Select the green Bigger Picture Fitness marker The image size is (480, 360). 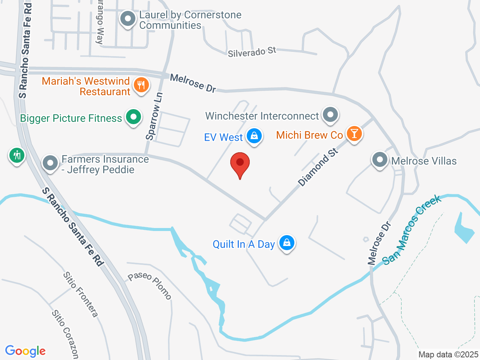pos(133,117)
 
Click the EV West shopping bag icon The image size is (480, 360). pos(254,136)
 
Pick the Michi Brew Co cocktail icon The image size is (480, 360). pos(354,133)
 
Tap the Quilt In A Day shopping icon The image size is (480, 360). pos(287,243)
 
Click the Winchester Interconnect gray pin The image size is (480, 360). pos(330,115)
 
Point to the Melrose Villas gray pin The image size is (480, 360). pos(379,160)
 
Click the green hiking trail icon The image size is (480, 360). pos(17,155)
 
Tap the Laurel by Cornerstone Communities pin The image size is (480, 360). pos(128,19)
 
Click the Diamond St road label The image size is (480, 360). pos(318,167)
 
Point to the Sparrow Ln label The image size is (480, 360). pos(154,116)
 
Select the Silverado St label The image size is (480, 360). pos(252,52)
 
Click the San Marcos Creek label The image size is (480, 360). pos(412,229)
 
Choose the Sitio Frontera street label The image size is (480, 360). pos(80,295)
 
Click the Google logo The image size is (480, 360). pos(25,351)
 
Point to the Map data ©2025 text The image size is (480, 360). pos(448,354)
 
